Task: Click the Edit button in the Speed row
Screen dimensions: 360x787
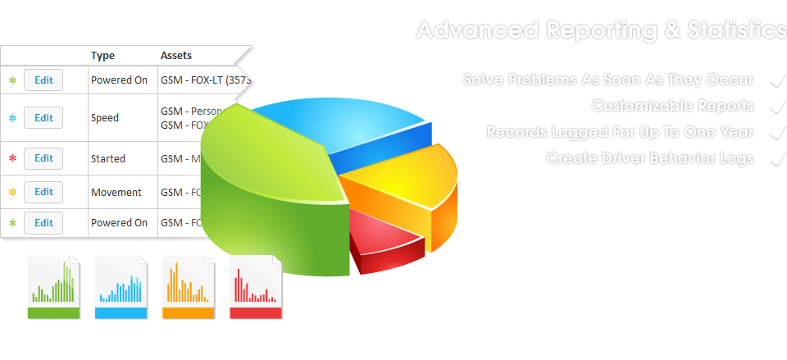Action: (x=43, y=118)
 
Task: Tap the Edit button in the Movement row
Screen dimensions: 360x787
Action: (x=43, y=192)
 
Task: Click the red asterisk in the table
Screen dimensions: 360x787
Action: (x=12, y=158)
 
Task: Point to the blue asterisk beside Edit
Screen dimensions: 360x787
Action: (x=12, y=118)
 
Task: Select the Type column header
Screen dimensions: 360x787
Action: (x=102, y=56)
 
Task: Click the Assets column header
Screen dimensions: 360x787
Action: (x=175, y=56)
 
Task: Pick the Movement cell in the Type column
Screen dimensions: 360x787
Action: (x=116, y=193)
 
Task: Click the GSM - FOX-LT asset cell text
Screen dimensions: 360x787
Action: (x=206, y=80)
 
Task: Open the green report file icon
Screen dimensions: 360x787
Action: (x=54, y=287)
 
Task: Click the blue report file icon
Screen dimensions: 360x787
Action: (x=121, y=287)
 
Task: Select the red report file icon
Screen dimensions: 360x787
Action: (x=256, y=287)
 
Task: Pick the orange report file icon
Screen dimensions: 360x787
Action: (x=189, y=287)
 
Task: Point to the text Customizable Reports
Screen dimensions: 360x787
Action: (x=672, y=106)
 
